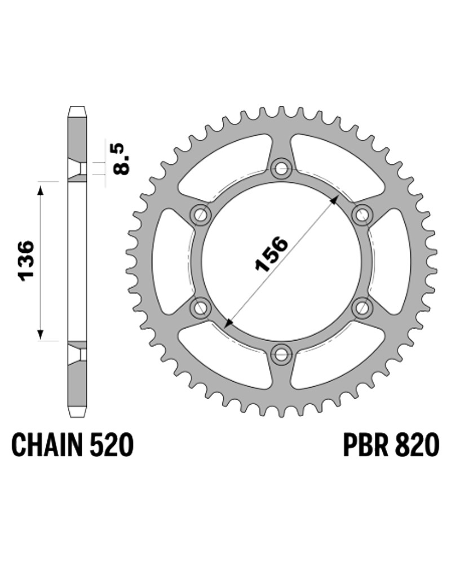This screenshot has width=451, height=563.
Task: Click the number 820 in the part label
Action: pyautogui.click(x=415, y=445)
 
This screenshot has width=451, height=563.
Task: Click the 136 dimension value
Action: pyautogui.click(x=26, y=261)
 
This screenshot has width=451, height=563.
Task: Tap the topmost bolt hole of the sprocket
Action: pyautogui.click(x=281, y=168)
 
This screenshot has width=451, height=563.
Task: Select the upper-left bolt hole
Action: pyautogui.click(x=200, y=215)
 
